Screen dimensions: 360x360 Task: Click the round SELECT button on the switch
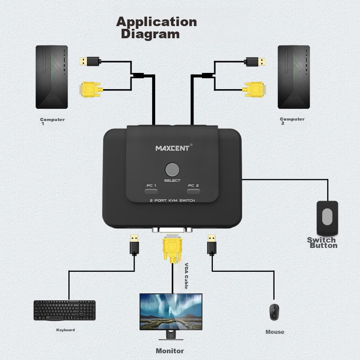pos(172,169)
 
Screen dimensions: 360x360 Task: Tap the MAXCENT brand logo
pos(173,148)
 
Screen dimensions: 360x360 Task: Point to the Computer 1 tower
pos(52,77)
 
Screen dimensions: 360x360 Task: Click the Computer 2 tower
pos(293,77)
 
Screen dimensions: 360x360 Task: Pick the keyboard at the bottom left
pos(64,310)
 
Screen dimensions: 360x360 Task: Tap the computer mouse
pos(274,311)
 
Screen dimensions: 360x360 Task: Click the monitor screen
pos(171,311)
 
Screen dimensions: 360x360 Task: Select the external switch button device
pos(327,218)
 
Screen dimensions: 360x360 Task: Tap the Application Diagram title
pos(156,27)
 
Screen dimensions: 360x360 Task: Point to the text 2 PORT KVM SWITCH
pos(172,200)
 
